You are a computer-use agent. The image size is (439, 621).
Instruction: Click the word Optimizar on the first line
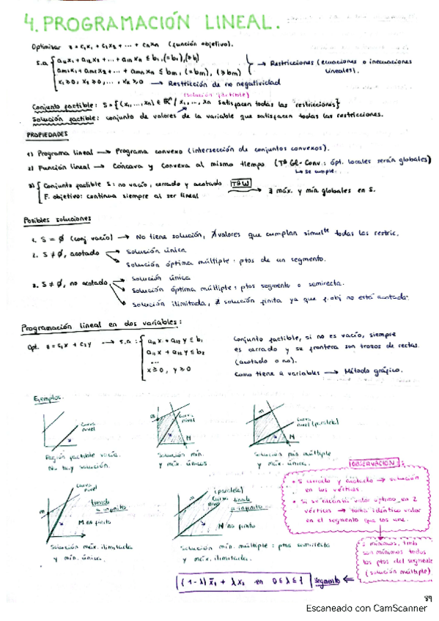45,45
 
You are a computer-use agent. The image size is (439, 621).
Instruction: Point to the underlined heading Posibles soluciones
57,219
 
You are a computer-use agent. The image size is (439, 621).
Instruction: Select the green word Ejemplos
48,398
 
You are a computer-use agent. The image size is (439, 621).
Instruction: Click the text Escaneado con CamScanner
361,609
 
